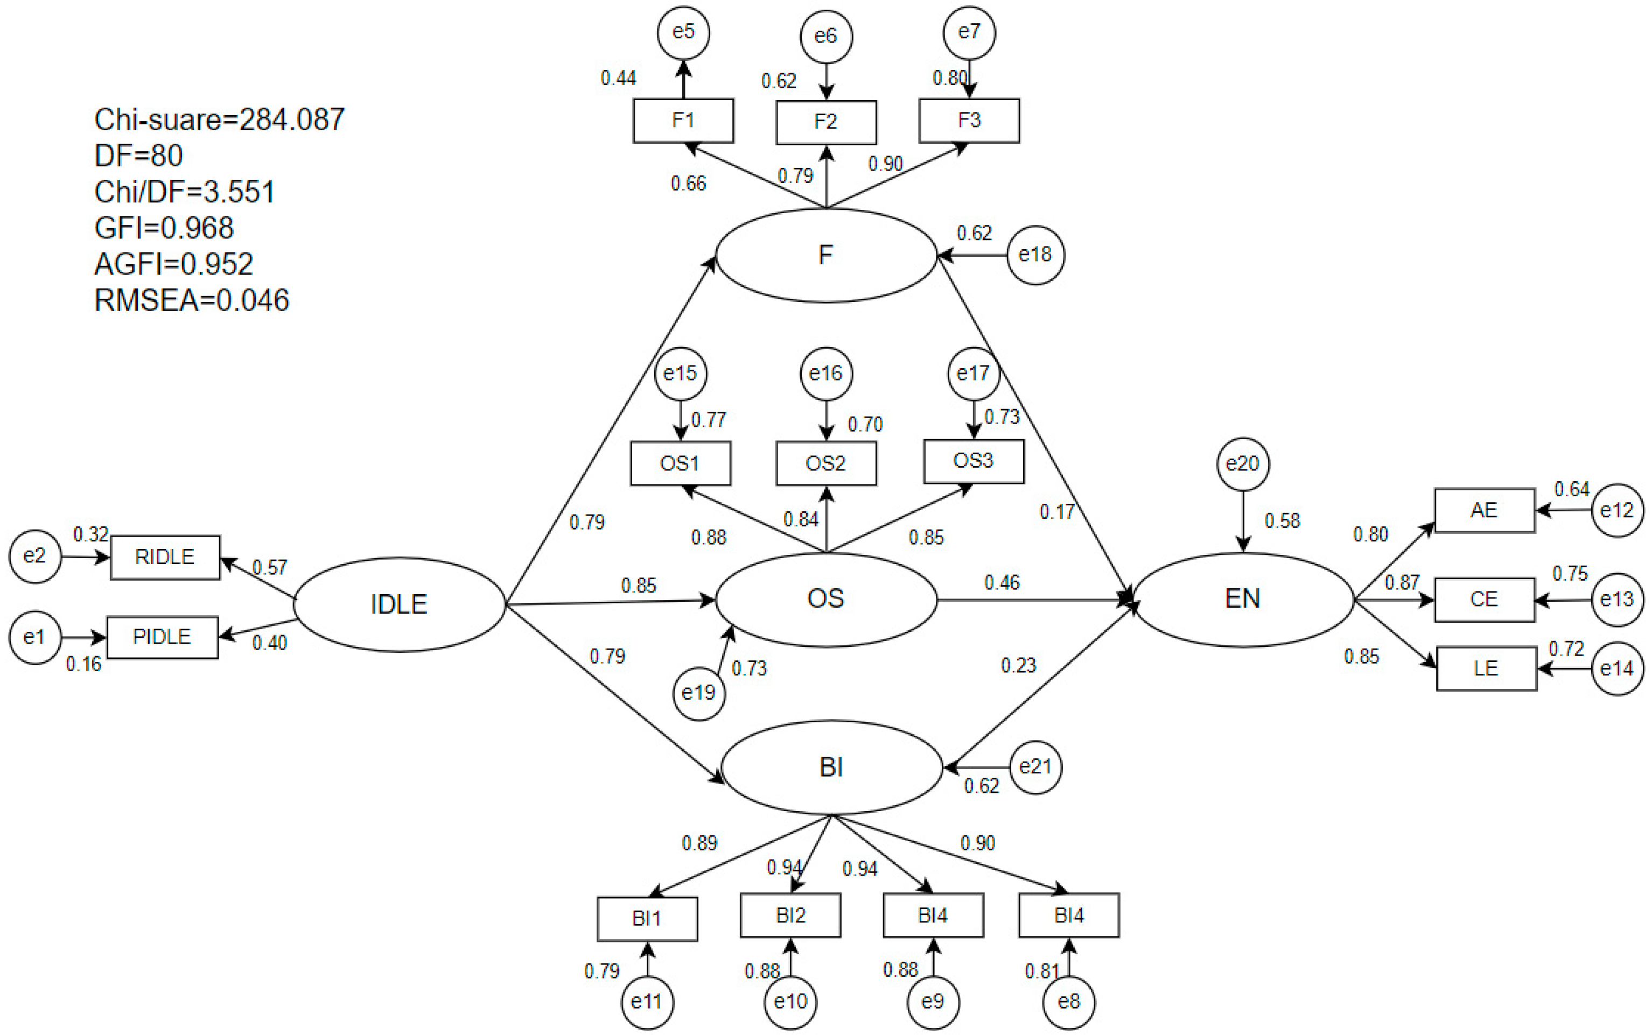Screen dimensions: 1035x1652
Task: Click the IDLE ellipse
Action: [x=399, y=604]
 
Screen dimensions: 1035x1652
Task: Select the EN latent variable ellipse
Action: [x=1243, y=600]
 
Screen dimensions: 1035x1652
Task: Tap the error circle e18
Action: [x=1035, y=255]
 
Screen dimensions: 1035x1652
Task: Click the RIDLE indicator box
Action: [x=165, y=557]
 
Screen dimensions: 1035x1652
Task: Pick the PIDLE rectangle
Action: [x=162, y=637]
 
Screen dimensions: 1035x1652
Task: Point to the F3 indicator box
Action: [x=969, y=121]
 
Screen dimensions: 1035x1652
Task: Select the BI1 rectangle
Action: [x=647, y=919]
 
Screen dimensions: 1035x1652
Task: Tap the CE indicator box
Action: [x=1483, y=600]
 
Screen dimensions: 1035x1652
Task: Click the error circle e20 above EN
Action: [x=1243, y=464]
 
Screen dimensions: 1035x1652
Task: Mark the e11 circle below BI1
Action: [x=647, y=1002]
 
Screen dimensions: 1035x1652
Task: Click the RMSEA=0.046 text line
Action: [x=192, y=300]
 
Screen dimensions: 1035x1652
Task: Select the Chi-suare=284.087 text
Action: [x=219, y=120]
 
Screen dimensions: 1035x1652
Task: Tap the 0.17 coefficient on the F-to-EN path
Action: [x=1056, y=511]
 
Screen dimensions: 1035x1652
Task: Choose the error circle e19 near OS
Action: [x=698, y=693]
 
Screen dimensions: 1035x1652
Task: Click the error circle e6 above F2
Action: [x=825, y=36]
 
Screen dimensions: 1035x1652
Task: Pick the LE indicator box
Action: [x=1486, y=669]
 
